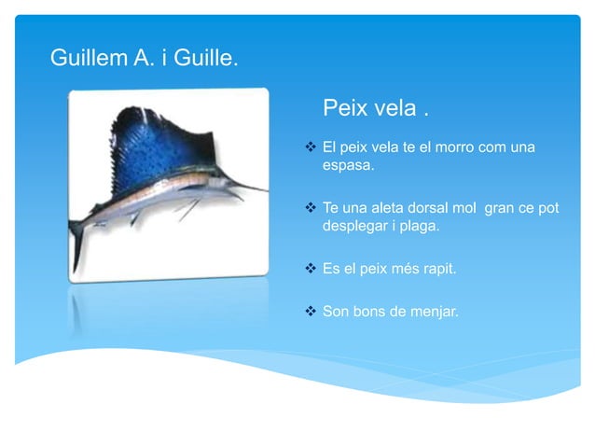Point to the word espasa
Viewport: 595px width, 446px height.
coord(347,167)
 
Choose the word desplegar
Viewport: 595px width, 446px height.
coord(353,226)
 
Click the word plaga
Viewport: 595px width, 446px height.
coord(419,226)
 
